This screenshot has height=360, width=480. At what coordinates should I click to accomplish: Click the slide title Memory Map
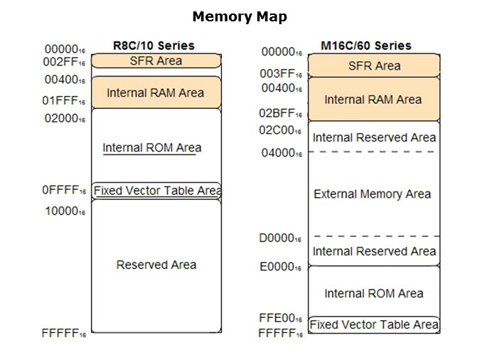click(x=240, y=17)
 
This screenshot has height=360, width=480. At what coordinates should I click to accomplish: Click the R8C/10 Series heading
click(x=154, y=46)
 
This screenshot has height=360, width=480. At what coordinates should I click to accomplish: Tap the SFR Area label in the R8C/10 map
click(x=156, y=60)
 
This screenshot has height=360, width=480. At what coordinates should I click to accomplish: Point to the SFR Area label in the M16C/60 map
click(x=373, y=66)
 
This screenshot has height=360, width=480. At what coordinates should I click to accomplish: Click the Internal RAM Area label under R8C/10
click(x=155, y=92)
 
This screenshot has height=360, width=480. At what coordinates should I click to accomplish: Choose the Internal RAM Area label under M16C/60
click(x=373, y=100)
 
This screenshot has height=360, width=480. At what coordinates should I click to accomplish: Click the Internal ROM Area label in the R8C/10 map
click(x=152, y=148)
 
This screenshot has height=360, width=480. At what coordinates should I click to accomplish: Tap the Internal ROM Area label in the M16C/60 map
click(x=373, y=293)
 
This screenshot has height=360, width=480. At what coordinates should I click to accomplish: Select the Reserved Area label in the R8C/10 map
click(x=156, y=265)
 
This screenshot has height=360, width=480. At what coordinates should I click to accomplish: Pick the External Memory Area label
click(x=373, y=194)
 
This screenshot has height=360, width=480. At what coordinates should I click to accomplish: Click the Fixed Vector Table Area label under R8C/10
click(x=157, y=191)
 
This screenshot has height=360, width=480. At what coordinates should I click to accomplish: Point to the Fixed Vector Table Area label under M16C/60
click(x=373, y=325)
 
